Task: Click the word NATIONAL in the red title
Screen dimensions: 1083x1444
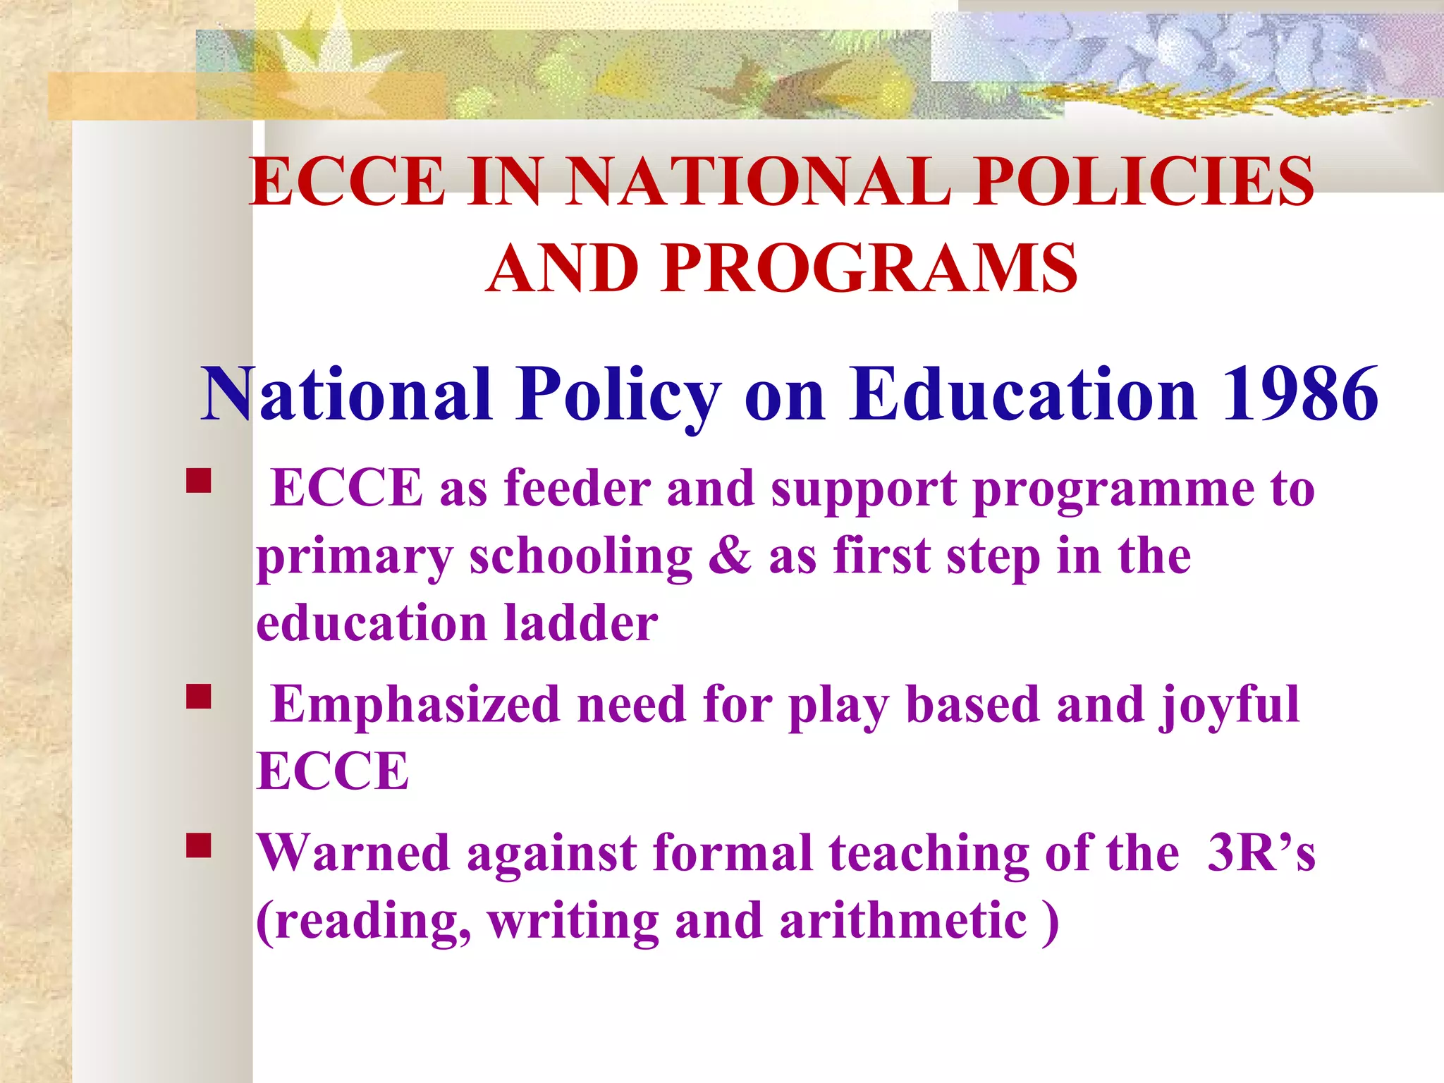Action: coord(758,181)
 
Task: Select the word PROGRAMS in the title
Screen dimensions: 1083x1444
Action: coord(869,269)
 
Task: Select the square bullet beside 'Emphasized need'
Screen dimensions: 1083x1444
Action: coord(199,697)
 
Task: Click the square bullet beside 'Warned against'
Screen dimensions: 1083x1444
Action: coord(199,845)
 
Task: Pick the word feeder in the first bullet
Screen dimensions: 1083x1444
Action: coord(577,488)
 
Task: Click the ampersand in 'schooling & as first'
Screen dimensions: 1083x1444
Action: coord(730,556)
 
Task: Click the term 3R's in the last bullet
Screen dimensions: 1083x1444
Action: coord(1261,853)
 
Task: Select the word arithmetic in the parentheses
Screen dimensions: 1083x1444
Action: coord(903,921)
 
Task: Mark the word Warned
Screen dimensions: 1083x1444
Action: coord(353,853)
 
